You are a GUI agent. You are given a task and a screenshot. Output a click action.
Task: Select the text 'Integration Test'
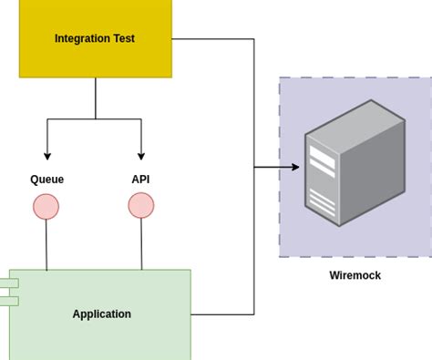(95, 38)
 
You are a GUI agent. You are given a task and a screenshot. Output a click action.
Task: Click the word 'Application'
(102, 314)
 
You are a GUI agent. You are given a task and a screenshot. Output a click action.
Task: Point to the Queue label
(47, 180)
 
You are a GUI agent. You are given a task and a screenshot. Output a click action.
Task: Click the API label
(140, 180)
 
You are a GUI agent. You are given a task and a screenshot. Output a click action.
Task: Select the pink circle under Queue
(46, 207)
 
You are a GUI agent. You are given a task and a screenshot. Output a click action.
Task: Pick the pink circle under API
(141, 205)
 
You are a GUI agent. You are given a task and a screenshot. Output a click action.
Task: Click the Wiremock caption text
(355, 275)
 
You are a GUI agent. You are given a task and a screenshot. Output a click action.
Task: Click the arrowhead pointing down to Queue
(47, 156)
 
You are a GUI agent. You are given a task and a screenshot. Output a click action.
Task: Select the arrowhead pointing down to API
(141, 156)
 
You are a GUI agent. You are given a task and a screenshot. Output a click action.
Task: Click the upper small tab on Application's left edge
(8, 283)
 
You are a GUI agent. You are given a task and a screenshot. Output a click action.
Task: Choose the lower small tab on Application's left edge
(8, 301)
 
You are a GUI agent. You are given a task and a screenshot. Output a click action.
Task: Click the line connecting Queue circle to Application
(46, 244)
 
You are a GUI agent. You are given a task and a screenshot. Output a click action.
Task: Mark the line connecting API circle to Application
(141, 243)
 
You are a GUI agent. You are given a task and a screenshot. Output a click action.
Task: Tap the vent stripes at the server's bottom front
(322, 201)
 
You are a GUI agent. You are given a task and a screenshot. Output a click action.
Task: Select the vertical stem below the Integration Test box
(96, 98)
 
